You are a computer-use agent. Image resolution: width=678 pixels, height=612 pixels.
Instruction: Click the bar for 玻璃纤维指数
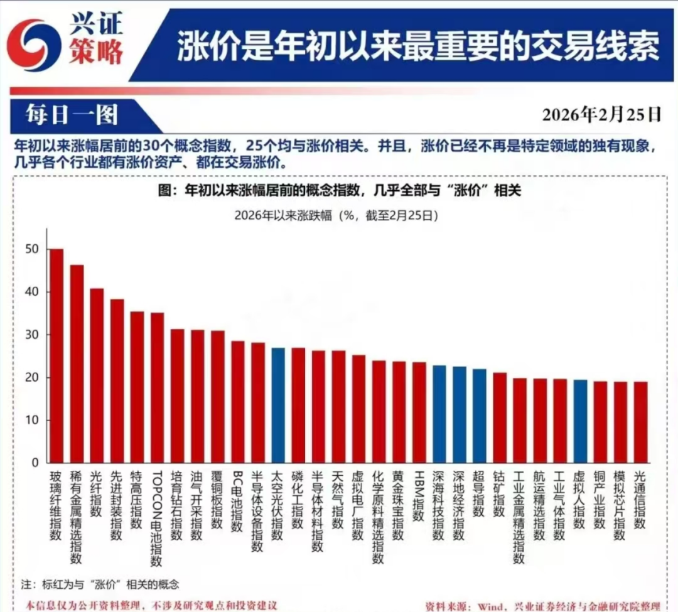[x=56, y=356]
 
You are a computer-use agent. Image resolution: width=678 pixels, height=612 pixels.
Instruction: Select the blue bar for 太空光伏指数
[x=277, y=405]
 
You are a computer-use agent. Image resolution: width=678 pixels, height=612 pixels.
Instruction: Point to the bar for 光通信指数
[x=640, y=422]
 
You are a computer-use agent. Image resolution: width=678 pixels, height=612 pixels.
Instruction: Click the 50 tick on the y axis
[x=32, y=249]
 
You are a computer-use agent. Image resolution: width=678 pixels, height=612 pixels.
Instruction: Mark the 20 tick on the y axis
[x=32, y=378]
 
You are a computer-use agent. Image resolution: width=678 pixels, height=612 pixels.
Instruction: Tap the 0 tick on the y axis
[x=35, y=463]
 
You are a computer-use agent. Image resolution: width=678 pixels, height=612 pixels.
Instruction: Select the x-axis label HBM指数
[x=419, y=496]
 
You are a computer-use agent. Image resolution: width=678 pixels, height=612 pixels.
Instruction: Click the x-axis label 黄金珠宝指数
[x=398, y=506]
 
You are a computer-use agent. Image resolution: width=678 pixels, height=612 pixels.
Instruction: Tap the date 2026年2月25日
[x=601, y=114]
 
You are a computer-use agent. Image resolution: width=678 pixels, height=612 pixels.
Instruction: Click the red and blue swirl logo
[x=32, y=40]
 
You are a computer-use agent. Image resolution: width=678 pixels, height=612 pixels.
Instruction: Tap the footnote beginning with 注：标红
[x=100, y=584]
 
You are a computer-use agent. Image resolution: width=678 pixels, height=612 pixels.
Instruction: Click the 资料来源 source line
[x=542, y=606]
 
